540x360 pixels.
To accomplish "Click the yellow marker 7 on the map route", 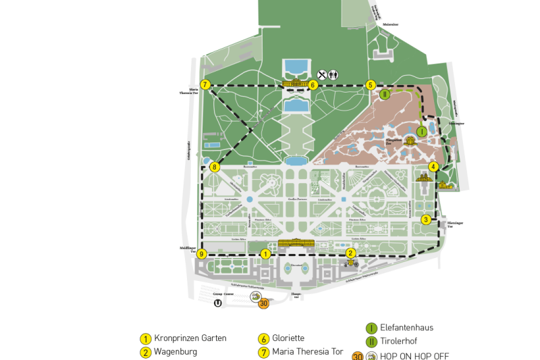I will [206, 85].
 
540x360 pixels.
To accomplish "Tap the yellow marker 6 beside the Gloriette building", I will [313, 85].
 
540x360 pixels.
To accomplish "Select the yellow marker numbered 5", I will [371, 85].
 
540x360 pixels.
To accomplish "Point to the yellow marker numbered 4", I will [433, 167].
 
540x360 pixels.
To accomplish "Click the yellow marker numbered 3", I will [426, 220].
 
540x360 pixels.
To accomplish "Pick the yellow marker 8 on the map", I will [215, 167].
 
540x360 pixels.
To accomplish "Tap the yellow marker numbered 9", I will [201, 254].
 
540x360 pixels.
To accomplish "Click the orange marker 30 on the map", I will [263, 304].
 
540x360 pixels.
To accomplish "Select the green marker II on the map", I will [385, 95].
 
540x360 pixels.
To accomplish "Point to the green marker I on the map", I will [421, 132].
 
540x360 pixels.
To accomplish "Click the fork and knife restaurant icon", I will [323, 75].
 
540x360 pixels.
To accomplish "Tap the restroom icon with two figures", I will [333, 75].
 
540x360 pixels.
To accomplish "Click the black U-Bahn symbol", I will [217, 303].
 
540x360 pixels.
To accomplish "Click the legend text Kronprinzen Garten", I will [190, 338].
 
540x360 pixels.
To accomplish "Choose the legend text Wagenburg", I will [175, 352].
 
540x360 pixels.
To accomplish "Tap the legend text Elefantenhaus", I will [407, 328].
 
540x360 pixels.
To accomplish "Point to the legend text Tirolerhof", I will [399, 341].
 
